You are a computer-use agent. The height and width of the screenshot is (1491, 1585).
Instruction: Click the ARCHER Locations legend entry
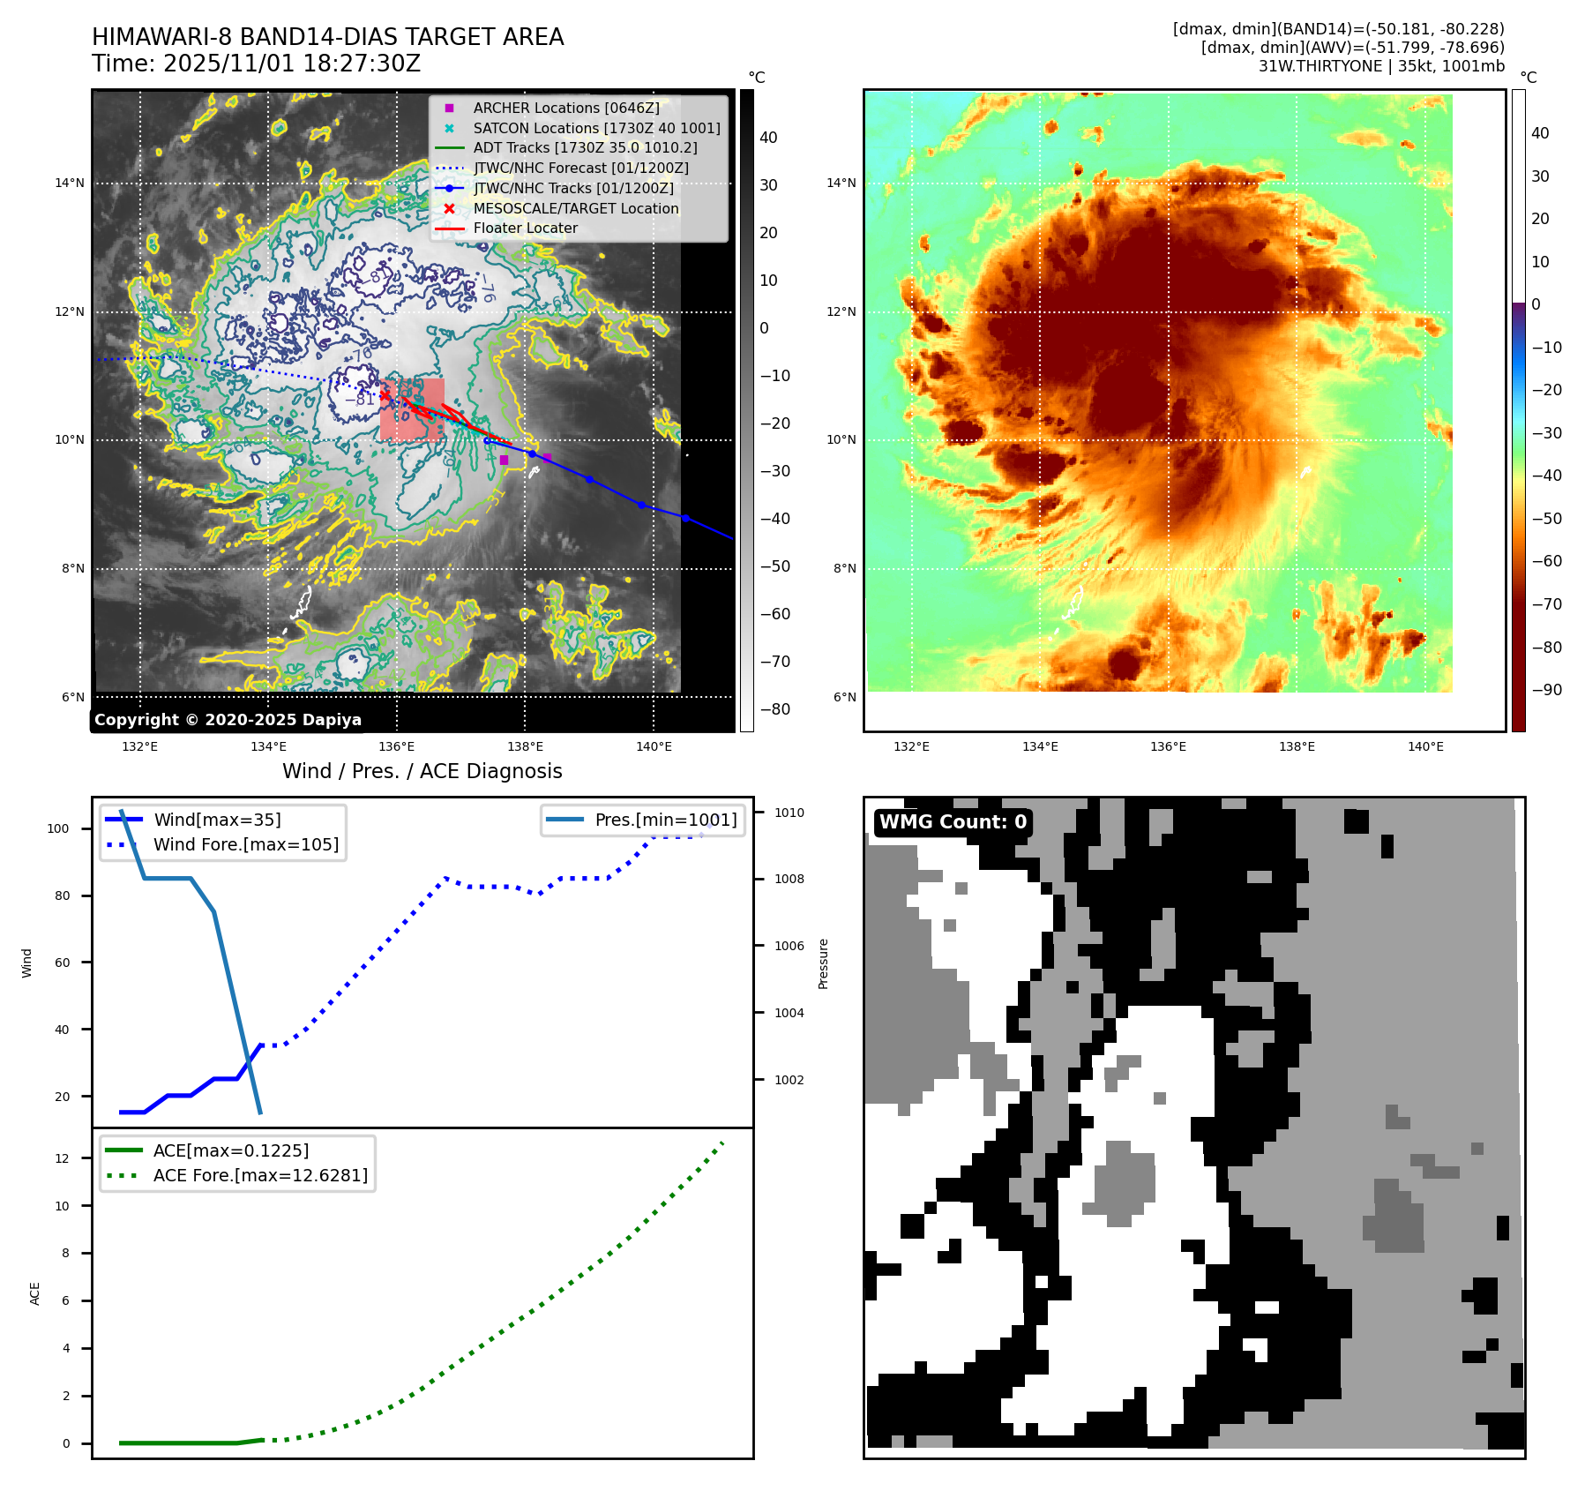pyautogui.click(x=565, y=108)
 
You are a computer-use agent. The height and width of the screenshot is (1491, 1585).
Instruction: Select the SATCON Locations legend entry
pyautogui.click(x=596, y=128)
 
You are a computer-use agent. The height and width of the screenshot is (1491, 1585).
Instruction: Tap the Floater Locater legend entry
pyautogui.click(x=525, y=229)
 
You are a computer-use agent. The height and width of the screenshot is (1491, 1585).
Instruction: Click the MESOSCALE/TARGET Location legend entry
pyautogui.click(x=575, y=208)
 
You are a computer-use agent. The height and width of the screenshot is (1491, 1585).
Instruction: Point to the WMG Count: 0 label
pyautogui.click(x=953, y=822)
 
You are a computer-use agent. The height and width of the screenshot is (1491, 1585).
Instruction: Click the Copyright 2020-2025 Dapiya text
pyautogui.click(x=228, y=720)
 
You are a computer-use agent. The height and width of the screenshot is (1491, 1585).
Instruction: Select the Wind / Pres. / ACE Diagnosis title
pyautogui.click(x=422, y=771)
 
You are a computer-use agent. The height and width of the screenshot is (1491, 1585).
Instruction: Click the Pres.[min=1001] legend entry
pyautogui.click(x=665, y=820)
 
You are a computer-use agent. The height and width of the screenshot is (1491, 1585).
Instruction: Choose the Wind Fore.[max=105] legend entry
pyautogui.click(x=245, y=844)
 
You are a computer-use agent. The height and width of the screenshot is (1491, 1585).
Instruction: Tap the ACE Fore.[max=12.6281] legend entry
pyautogui.click(x=260, y=1175)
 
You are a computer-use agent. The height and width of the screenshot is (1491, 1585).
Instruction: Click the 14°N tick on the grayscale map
pyautogui.click(x=70, y=184)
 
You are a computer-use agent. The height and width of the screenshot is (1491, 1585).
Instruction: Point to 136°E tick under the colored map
pyautogui.click(x=1168, y=746)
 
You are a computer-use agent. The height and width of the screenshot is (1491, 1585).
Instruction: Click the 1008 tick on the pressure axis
pyautogui.click(x=789, y=879)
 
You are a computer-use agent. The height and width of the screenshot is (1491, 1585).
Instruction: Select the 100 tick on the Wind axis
pyautogui.click(x=58, y=828)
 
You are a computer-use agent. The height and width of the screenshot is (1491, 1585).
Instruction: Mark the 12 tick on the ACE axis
pyautogui.click(x=62, y=1158)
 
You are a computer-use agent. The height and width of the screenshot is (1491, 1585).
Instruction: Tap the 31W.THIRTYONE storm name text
pyautogui.click(x=1320, y=66)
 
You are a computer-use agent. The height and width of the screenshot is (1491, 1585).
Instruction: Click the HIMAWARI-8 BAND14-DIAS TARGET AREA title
pyautogui.click(x=327, y=37)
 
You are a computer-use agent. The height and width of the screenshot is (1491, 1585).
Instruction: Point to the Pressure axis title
pyautogui.click(x=823, y=963)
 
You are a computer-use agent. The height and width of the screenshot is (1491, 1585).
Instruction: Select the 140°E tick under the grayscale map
pyautogui.click(x=654, y=746)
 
